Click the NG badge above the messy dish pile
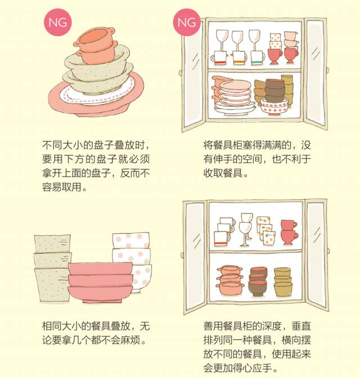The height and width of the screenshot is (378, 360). tap(57, 22)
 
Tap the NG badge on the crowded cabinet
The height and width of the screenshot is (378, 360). tap(187, 22)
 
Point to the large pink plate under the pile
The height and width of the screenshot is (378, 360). tap(96, 99)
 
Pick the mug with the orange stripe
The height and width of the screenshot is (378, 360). tap(239, 58)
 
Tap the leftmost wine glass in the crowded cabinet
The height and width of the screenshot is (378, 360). tap(222, 40)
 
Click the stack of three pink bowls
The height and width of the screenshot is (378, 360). tap(100, 282)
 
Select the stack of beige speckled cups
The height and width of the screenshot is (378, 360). tap(52, 268)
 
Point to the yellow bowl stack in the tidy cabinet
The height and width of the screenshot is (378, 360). tap(283, 282)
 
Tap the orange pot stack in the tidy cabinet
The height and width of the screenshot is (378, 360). tap(230, 280)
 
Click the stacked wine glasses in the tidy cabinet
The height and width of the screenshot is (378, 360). tap(246, 229)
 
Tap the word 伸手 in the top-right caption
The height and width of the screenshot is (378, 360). tap(223, 159)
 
